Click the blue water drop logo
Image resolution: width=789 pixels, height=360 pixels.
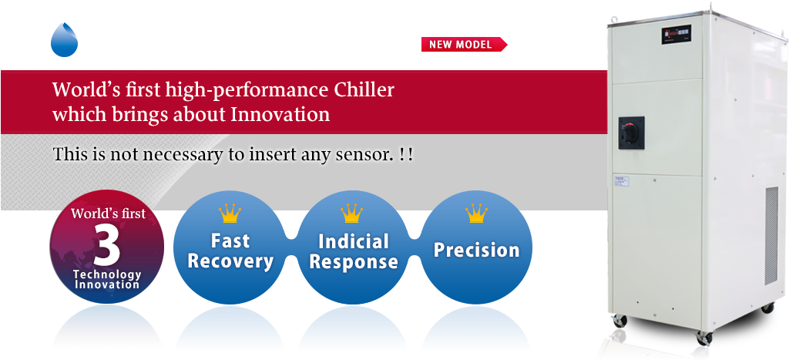click(64, 39)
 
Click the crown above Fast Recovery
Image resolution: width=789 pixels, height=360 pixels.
click(230, 213)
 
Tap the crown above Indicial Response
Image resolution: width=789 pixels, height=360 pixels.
click(352, 213)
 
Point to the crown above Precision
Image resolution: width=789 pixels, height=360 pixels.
click(476, 213)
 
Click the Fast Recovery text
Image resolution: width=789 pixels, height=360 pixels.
click(230, 251)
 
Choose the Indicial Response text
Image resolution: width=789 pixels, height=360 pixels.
click(353, 251)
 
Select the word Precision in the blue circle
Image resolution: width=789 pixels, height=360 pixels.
click(476, 250)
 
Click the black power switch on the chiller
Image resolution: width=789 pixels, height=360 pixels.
click(631, 132)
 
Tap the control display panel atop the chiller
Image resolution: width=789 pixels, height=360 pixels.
click(677, 33)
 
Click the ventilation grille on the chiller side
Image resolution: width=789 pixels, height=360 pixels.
click(771, 239)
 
